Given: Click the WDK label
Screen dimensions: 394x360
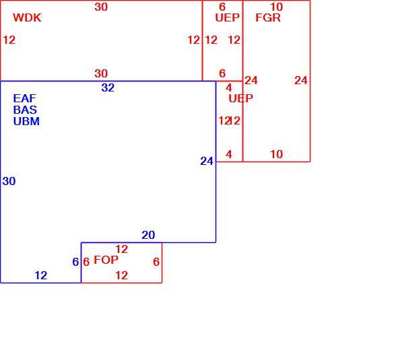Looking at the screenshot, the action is [x=27, y=17].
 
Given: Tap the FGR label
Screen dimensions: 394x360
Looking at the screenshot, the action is [x=268, y=17].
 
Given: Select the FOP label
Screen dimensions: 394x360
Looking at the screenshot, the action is [x=106, y=260].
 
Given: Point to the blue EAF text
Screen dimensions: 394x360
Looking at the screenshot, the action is [x=25, y=98].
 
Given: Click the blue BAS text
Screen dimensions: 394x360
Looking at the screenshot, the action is [x=25, y=110].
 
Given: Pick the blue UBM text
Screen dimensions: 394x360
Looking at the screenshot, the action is [x=26, y=121].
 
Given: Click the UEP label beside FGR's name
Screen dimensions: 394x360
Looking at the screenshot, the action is [x=227, y=17].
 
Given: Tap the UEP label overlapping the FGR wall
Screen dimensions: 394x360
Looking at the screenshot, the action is [x=240, y=98].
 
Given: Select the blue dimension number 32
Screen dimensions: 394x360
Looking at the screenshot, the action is [x=108, y=87].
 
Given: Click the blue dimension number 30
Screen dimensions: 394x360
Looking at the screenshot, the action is [x=9, y=181].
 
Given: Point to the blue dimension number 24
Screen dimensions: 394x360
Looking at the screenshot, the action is [x=207, y=161].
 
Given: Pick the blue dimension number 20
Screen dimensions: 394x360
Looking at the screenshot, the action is [x=148, y=235].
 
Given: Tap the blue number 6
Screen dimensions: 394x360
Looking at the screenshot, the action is [x=75, y=262].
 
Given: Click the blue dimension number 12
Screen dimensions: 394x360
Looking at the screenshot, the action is [x=41, y=275].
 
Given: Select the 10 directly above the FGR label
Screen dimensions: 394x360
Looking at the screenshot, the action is [x=277, y=7].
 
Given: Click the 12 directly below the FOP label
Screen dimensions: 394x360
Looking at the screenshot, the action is [x=122, y=275].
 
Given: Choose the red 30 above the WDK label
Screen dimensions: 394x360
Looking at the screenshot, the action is [x=101, y=7].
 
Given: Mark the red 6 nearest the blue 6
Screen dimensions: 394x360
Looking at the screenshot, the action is [x=86, y=262].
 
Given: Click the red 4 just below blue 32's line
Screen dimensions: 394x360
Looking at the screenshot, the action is [x=229, y=87].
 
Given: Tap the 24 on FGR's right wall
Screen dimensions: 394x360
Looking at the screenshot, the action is [x=301, y=80].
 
